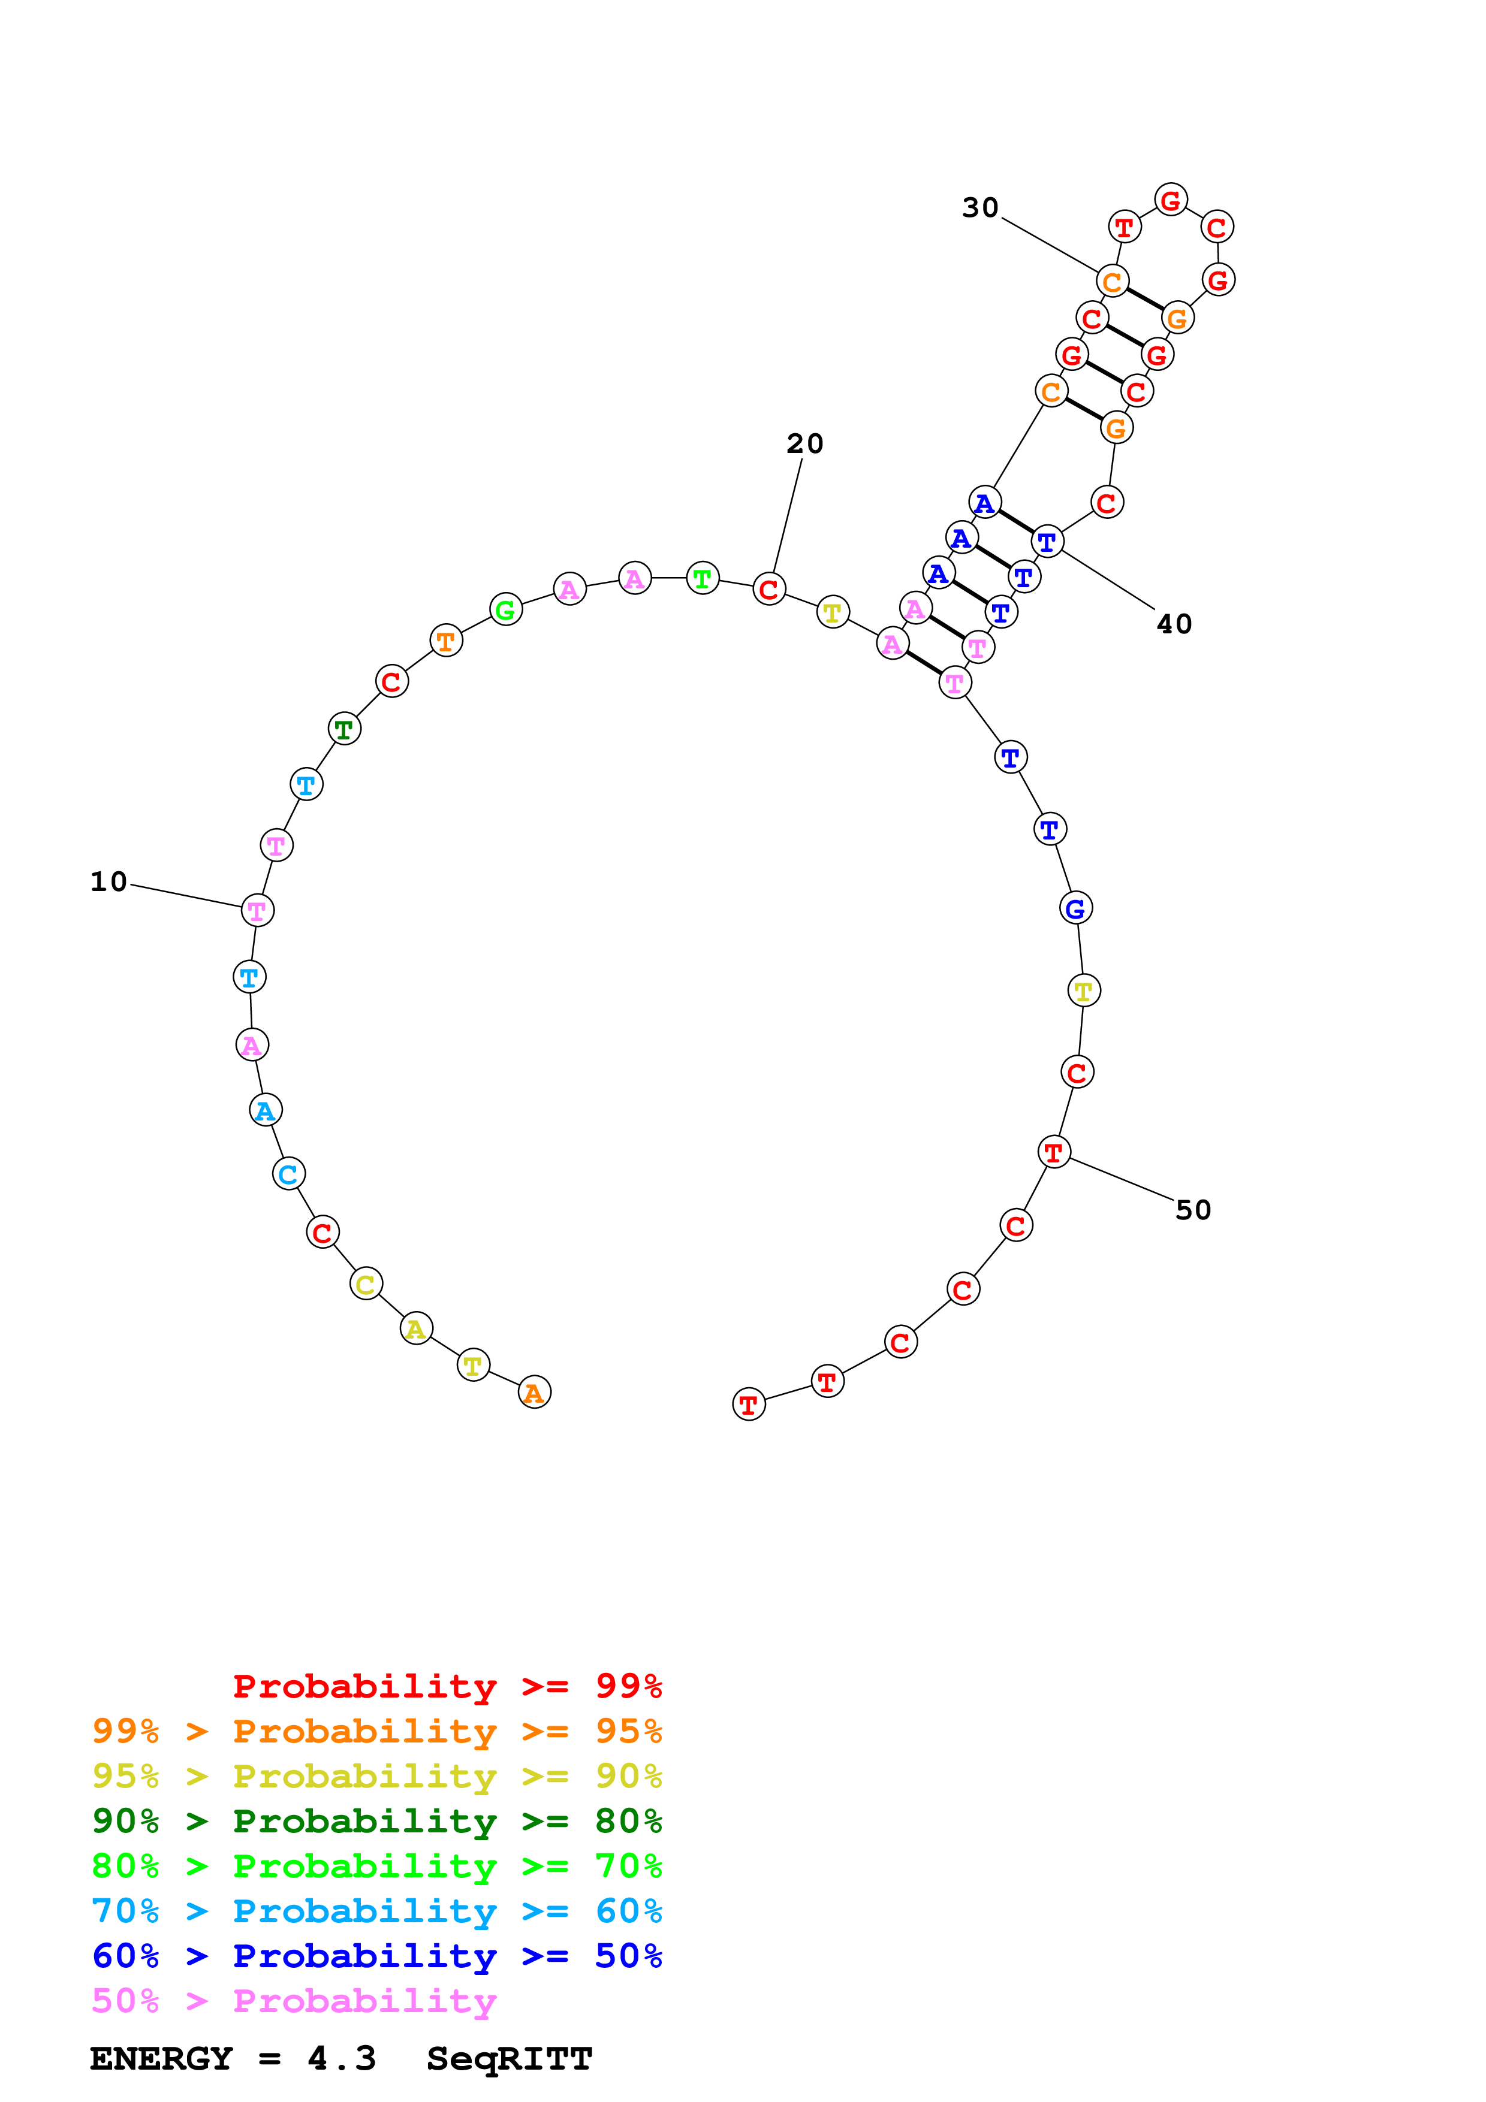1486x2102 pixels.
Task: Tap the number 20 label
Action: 805,444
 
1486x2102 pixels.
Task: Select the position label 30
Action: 979,208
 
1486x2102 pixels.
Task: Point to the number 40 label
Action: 1174,624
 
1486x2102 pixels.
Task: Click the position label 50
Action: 1193,1210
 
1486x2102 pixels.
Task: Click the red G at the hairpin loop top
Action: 1170,200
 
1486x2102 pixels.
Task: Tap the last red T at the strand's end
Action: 748,1405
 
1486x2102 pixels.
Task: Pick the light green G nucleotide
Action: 505,610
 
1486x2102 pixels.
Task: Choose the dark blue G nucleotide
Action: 1076,908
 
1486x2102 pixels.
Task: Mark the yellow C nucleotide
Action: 365,1285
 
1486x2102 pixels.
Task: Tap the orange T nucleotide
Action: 446,642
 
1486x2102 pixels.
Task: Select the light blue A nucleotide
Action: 266,1110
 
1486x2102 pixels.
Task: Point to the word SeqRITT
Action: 509,2059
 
